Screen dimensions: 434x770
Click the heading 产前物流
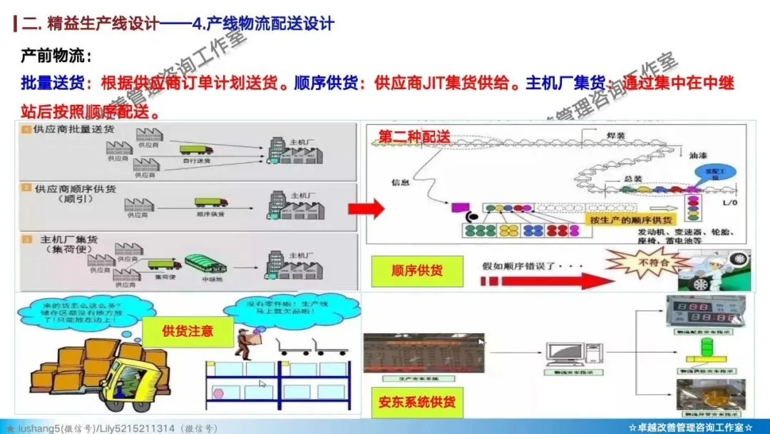click(x=56, y=55)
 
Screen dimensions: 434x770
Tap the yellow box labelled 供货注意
click(x=188, y=331)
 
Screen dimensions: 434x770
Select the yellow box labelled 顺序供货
click(x=417, y=271)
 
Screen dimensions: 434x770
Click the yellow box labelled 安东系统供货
click(x=417, y=402)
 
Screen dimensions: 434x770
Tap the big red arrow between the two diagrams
click(x=366, y=208)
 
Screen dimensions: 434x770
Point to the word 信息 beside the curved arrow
click(x=401, y=182)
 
